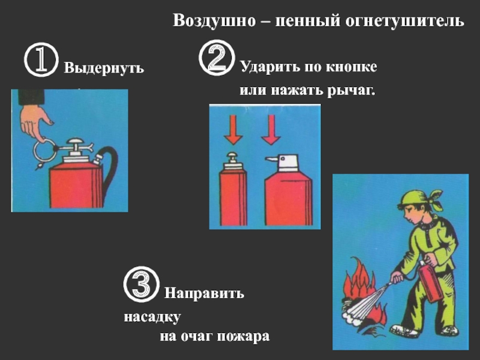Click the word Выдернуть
coord(104,68)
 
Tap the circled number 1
coord(41,59)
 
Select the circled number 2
coord(217,58)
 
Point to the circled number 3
coord(142,284)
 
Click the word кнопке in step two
coord(351,67)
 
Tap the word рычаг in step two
coord(350,91)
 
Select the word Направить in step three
coord(204,293)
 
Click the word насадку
coord(152,317)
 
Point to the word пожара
coord(243,337)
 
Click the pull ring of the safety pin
coord(44,151)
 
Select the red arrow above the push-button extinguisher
coord(233,130)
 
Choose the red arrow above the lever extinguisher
coord(271,130)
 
